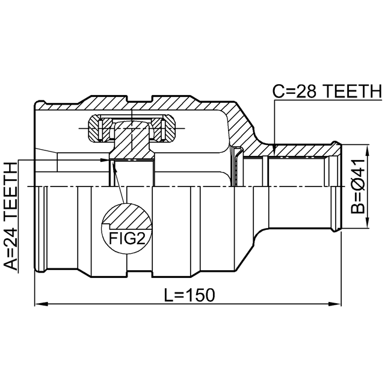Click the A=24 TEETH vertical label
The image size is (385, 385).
[x=11, y=216]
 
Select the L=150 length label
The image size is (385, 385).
[x=189, y=295]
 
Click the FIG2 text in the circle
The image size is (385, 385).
[x=127, y=238]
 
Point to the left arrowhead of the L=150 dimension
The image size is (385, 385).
[x=40, y=304]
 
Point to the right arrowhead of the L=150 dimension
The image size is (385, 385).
[x=336, y=304]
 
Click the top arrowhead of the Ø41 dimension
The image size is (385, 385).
[x=368, y=150]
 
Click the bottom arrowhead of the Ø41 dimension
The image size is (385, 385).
[x=368, y=222]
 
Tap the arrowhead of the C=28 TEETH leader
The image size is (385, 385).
[x=275, y=148]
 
